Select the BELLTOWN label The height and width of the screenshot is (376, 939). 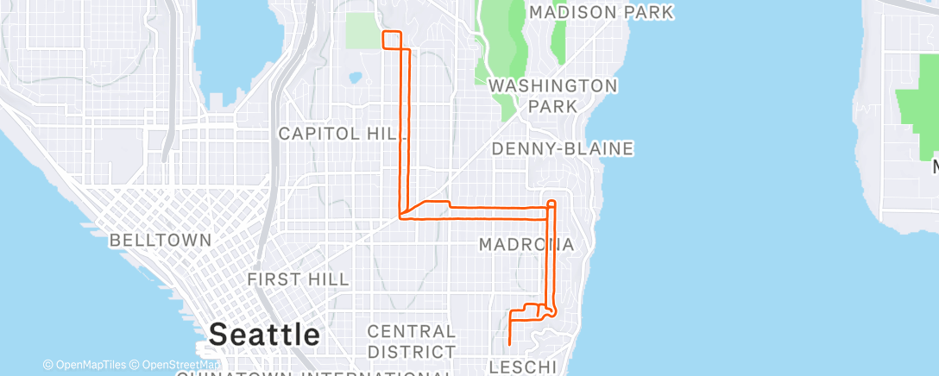160,241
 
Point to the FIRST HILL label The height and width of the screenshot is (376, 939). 298,279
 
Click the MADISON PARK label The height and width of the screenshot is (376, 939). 601,13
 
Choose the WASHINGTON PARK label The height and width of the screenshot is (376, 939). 552,96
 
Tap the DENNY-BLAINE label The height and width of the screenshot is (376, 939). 563,149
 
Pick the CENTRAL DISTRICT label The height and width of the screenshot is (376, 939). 412,342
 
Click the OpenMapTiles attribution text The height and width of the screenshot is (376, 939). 85,365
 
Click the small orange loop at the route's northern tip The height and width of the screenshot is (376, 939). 392,41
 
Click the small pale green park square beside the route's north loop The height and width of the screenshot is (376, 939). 363,31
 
